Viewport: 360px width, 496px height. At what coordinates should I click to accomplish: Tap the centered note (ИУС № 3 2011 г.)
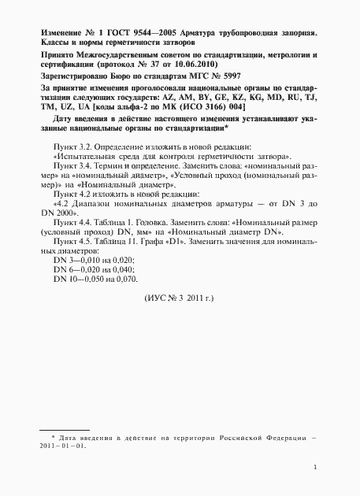pyautogui.click(x=180, y=299)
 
